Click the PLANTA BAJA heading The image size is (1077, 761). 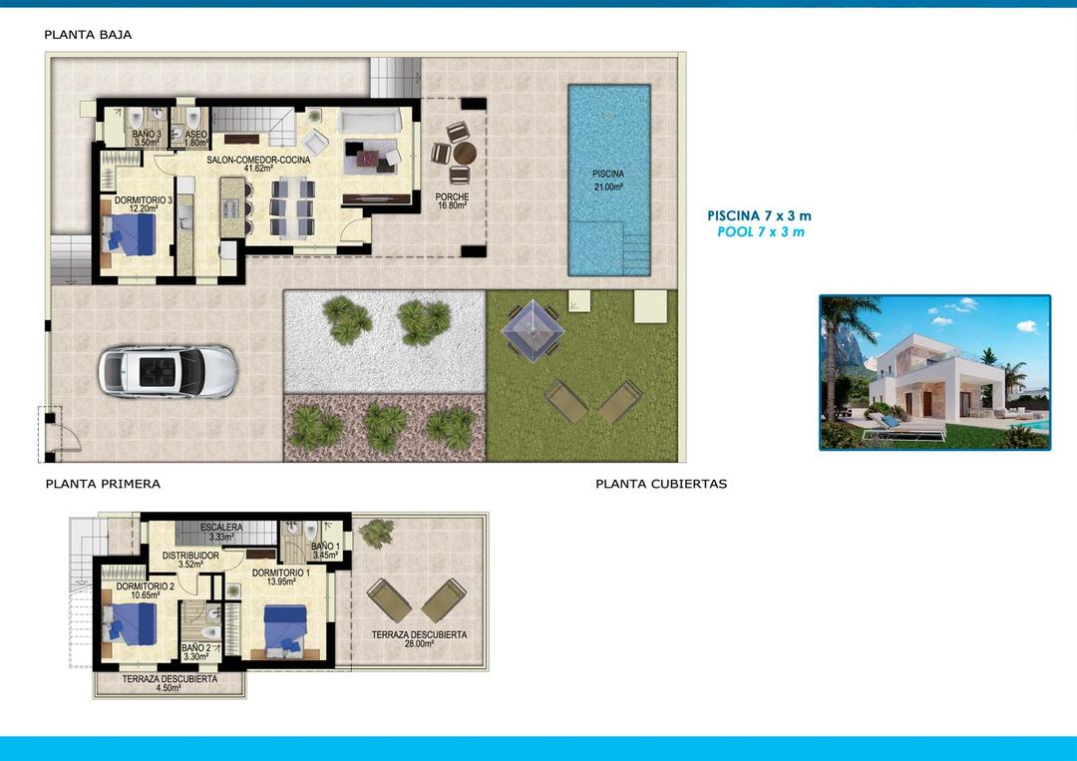pyautogui.click(x=88, y=35)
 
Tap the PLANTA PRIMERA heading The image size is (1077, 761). pyautogui.click(x=103, y=484)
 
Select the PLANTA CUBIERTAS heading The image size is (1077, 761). pyautogui.click(x=661, y=484)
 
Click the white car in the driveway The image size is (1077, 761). pyautogui.click(x=168, y=371)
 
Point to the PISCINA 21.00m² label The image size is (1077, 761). pyautogui.click(x=607, y=180)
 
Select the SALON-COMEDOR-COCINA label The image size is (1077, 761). pyautogui.click(x=258, y=164)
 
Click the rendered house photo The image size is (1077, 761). pyautogui.click(x=934, y=372)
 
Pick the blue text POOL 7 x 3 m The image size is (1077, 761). pyautogui.click(x=760, y=231)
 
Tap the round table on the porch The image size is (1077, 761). pyautogui.click(x=465, y=154)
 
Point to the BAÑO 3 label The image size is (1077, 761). pyautogui.click(x=147, y=138)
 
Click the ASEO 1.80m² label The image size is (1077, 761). pyautogui.click(x=195, y=138)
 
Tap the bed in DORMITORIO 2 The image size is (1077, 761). pyautogui.click(x=131, y=623)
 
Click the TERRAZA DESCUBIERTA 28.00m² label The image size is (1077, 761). pyautogui.click(x=419, y=639)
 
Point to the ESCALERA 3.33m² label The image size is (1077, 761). pyautogui.click(x=221, y=532)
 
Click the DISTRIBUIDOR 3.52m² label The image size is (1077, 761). pyautogui.click(x=190, y=560)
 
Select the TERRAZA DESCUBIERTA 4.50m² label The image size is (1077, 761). pyautogui.click(x=170, y=683)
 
